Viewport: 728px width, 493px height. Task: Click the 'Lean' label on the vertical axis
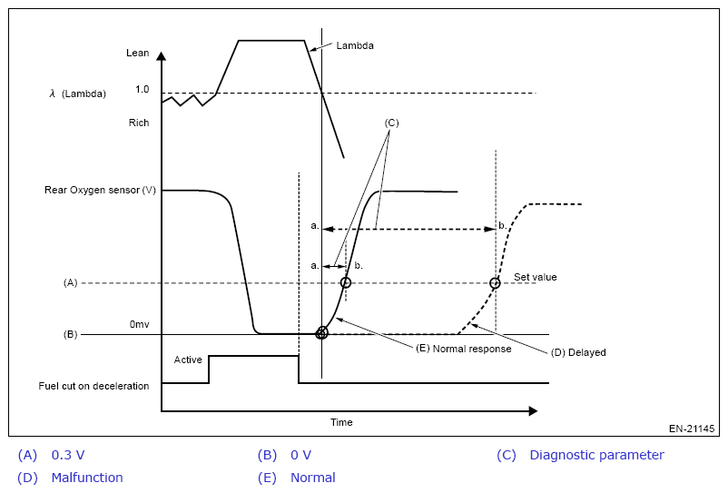point(137,54)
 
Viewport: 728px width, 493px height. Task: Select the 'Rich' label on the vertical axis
point(138,123)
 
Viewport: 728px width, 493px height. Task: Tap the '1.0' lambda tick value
point(142,90)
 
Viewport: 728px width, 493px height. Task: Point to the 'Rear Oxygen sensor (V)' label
point(100,191)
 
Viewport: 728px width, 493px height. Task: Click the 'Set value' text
point(536,277)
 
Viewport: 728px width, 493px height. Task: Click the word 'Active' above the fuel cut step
point(188,360)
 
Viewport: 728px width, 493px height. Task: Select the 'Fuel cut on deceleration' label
point(93,386)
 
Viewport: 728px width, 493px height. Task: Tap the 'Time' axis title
point(341,422)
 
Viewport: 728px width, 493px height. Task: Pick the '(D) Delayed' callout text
point(578,352)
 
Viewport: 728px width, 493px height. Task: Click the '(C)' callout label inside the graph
point(391,122)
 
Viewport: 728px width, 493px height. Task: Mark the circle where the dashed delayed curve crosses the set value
point(495,283)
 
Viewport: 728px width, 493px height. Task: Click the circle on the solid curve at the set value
point(345,283)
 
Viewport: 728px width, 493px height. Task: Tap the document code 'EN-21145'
point(692,429)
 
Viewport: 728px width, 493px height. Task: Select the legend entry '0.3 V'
point(68,455)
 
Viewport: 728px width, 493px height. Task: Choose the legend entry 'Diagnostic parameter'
point(596,455)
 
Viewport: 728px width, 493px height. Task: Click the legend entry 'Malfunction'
point(87,478)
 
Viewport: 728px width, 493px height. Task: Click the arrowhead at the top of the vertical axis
point(162,56)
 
